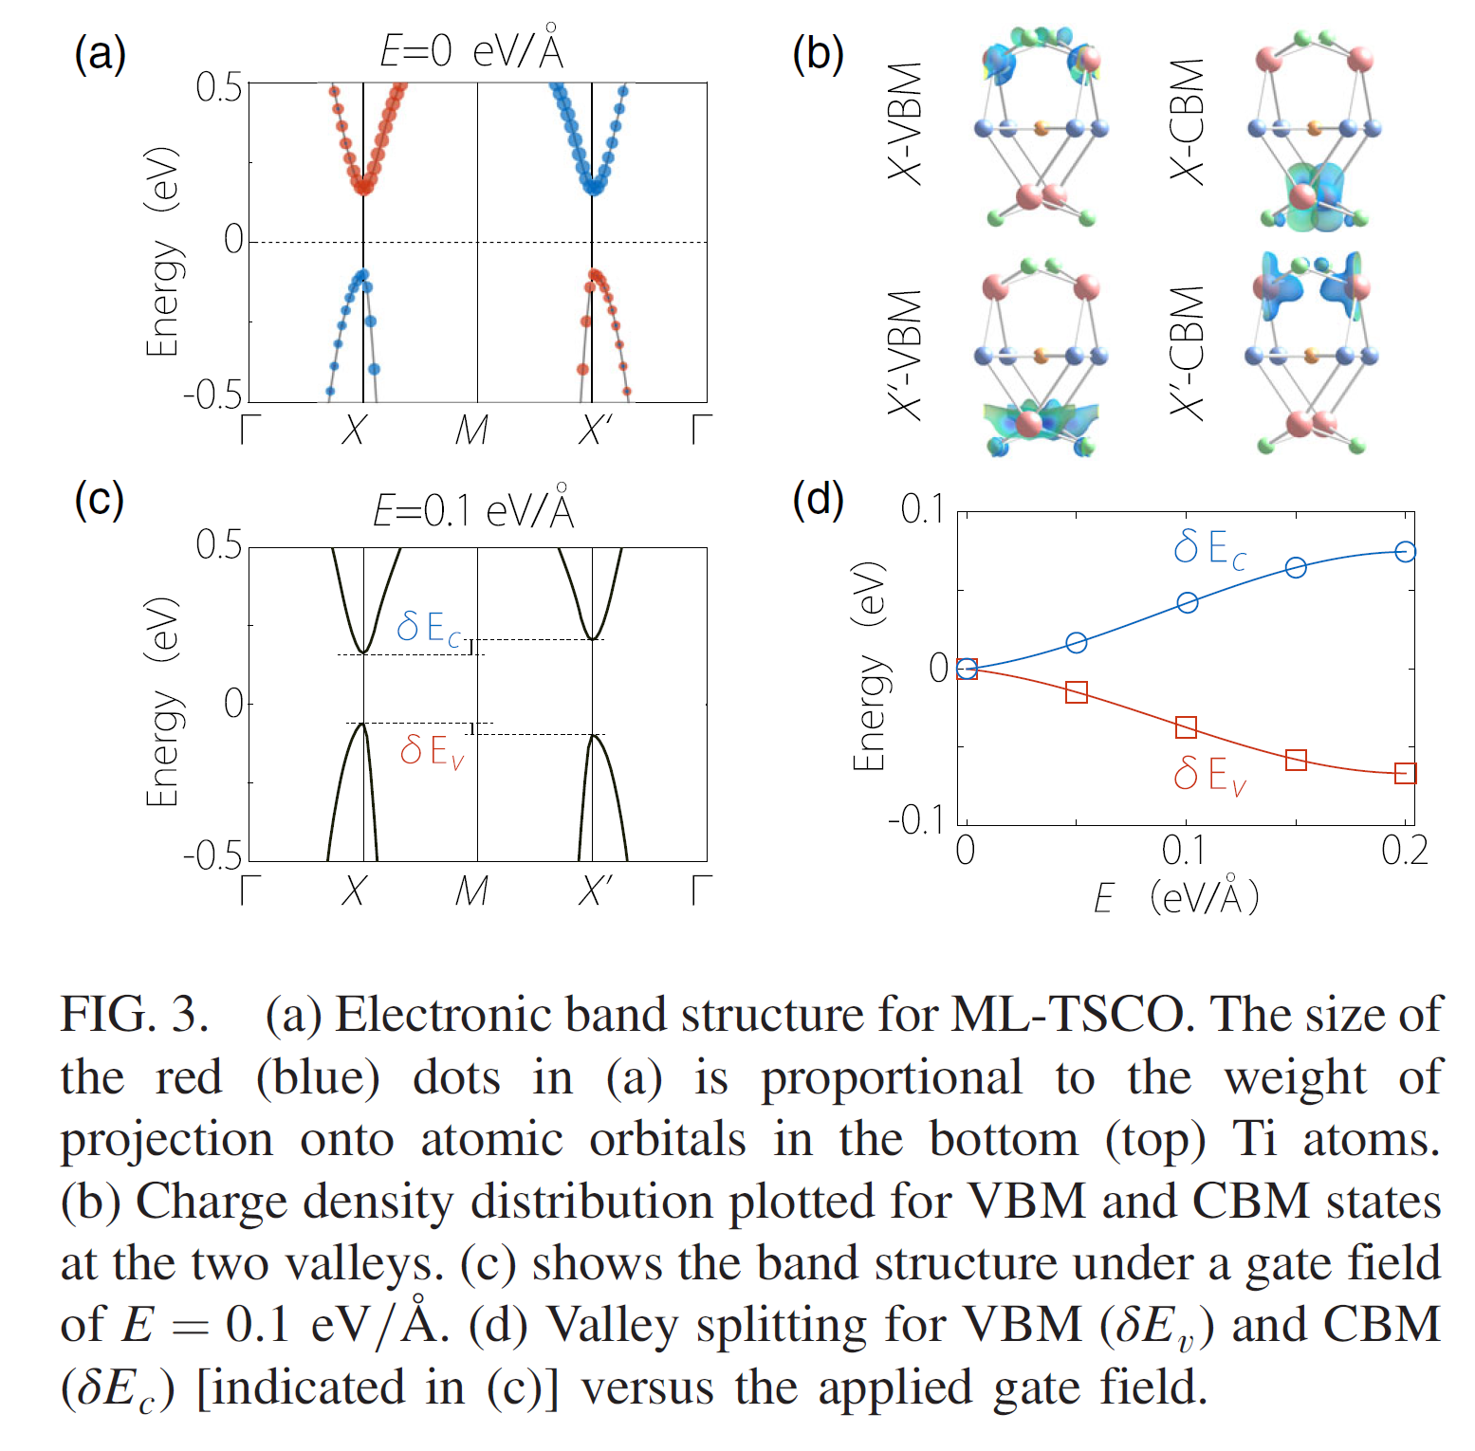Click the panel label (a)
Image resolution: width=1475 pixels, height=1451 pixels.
coord(100,54)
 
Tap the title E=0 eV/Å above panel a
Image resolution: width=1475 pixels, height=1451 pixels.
coord(471,49)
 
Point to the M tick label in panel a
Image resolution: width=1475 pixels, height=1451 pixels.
coord(471,431)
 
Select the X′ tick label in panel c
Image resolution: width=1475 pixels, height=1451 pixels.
coord(595,891)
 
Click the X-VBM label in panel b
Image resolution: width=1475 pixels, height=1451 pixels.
coord(905,122)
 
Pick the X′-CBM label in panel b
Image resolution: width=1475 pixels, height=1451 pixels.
coord(1187,352)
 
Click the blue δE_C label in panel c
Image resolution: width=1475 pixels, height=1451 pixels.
coord(429,628)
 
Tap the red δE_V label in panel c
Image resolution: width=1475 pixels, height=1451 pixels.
coord(432,751)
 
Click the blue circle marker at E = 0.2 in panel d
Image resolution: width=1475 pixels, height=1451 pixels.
coord(1405,551)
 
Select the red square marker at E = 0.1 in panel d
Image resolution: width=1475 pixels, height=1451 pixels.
coord(1186,727)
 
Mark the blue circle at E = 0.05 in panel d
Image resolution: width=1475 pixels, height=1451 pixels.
coord(1076,643)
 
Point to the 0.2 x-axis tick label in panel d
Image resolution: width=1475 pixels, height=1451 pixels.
coord(1404,851)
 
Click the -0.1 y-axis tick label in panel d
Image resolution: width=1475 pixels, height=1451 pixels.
coord(915,819)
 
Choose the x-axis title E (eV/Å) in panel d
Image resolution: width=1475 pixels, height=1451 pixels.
coord(1176,897)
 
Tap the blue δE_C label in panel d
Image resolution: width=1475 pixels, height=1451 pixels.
coord(1209,548)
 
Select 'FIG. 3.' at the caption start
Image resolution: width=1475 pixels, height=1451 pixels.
coord(135,1015)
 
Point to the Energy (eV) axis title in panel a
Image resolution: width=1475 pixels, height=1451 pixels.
coord(162,251)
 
